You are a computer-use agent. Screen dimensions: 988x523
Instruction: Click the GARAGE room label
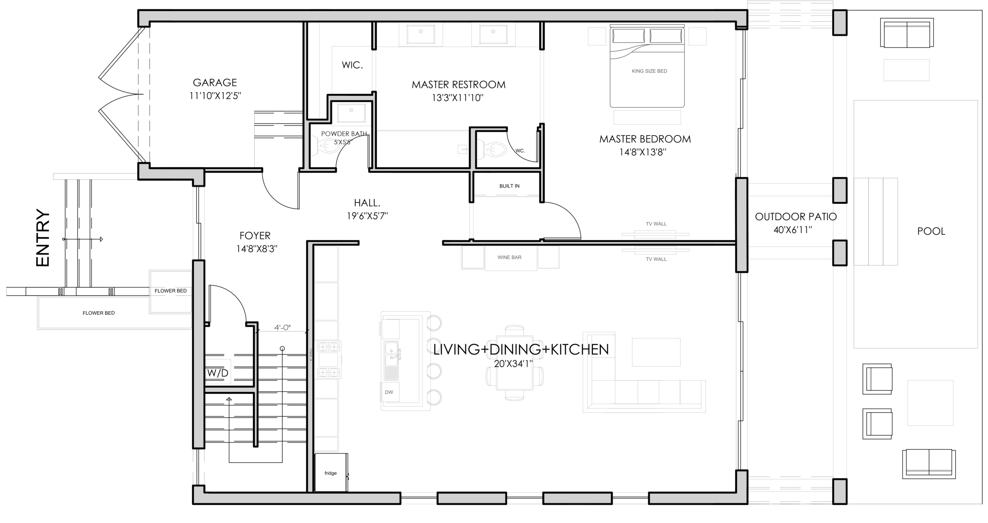215,83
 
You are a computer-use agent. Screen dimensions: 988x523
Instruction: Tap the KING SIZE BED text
649,71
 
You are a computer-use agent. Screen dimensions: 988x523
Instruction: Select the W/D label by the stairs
218,373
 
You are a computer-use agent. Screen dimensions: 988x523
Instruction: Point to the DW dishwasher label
389,392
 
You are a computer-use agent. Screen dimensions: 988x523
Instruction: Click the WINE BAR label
509,257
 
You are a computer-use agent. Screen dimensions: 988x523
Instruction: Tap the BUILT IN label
509,186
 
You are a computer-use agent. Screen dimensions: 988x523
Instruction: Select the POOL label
931,231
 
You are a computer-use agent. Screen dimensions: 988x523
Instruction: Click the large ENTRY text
43,238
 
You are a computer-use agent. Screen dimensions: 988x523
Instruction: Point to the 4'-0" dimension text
282,328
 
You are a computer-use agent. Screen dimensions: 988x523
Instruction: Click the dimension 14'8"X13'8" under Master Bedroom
643,152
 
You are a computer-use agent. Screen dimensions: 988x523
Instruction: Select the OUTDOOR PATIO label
796,217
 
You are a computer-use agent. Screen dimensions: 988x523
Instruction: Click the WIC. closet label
352,65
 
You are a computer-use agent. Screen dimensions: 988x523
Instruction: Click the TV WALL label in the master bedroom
656,224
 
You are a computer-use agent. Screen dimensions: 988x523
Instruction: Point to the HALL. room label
367,203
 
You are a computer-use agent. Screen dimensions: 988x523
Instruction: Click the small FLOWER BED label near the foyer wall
171,291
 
